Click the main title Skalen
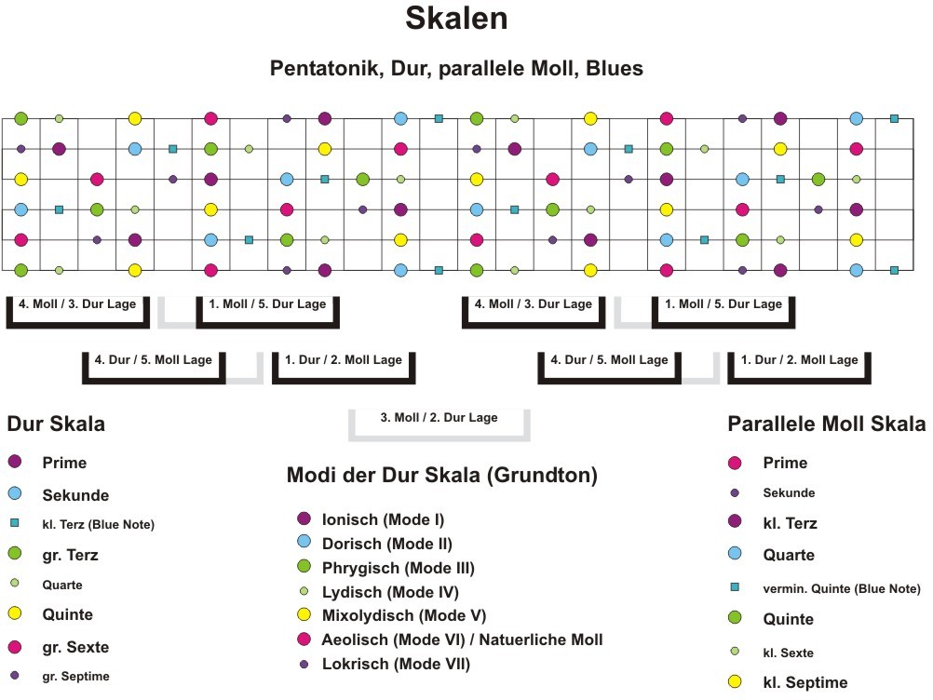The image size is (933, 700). [456, 19]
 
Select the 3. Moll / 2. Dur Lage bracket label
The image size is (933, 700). [439, 418]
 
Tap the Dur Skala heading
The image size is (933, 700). [56, 424]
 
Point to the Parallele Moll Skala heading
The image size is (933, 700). [826, 424]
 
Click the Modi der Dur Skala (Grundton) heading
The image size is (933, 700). [441, 476]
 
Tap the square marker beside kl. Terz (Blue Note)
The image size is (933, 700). [14, 524]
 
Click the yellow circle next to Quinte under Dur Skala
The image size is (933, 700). [14, 614]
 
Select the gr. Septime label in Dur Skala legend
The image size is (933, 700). [75, 677]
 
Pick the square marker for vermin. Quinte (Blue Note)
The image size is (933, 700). [735, 587]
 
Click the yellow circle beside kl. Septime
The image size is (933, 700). [735, 682]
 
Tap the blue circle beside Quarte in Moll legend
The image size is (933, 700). [735, 555]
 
